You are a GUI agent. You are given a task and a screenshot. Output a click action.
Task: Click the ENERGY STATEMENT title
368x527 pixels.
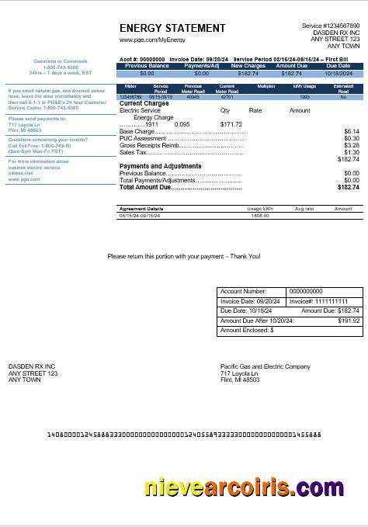172,29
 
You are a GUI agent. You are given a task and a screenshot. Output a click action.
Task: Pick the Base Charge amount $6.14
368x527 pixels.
351,131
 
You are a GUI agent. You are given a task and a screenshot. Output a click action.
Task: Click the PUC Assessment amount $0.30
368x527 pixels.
351,138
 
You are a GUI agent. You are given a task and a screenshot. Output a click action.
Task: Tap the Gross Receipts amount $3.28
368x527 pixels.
351,145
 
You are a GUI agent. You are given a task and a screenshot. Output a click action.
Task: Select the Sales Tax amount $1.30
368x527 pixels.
351,152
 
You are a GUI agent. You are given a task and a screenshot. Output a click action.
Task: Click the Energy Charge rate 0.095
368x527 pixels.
182,124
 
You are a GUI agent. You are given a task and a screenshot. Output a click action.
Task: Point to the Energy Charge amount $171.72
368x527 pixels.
231,124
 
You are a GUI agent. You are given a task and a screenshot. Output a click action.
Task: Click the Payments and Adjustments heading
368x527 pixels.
160,166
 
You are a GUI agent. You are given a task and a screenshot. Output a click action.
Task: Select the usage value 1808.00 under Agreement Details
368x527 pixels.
259,215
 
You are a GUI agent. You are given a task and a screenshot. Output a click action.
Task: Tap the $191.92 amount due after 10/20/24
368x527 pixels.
349,321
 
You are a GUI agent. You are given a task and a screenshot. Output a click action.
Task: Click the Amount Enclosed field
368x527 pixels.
290,331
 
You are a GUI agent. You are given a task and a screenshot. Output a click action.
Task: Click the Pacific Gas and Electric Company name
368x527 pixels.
265,366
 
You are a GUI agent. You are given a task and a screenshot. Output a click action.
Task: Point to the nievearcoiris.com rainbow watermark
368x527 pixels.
244,487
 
